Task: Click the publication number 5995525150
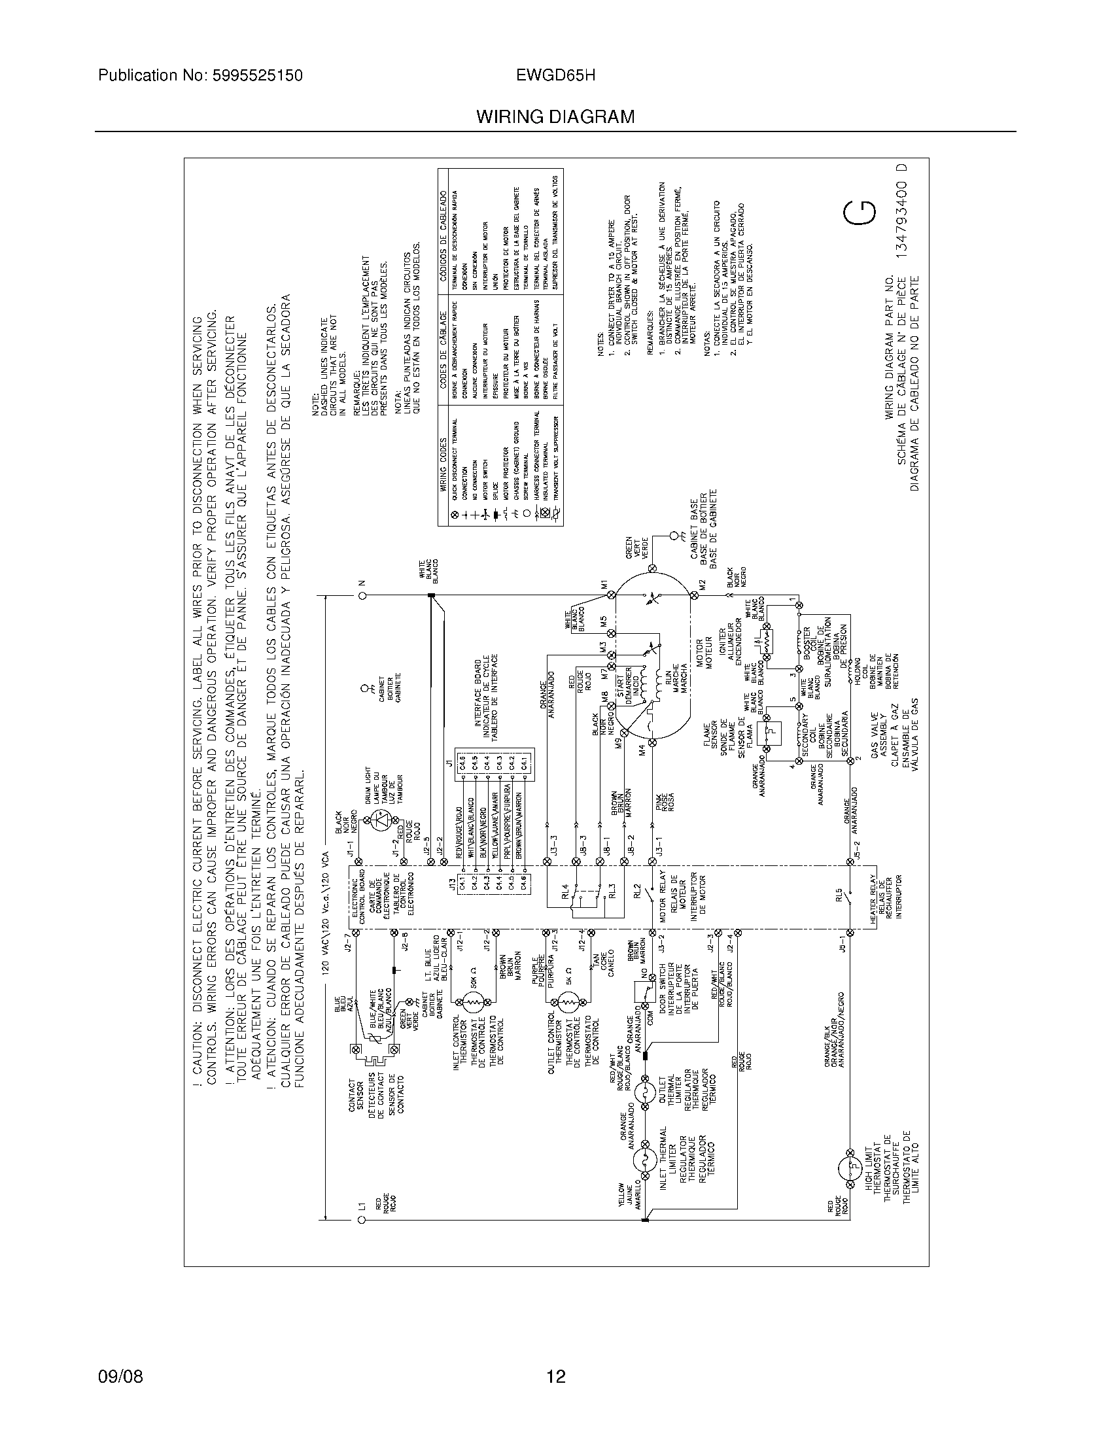(259, 76)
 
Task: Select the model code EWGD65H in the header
(557, 76)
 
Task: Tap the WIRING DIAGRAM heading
(555, 117)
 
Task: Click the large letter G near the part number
(860, 212)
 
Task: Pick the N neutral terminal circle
(362, 596)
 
